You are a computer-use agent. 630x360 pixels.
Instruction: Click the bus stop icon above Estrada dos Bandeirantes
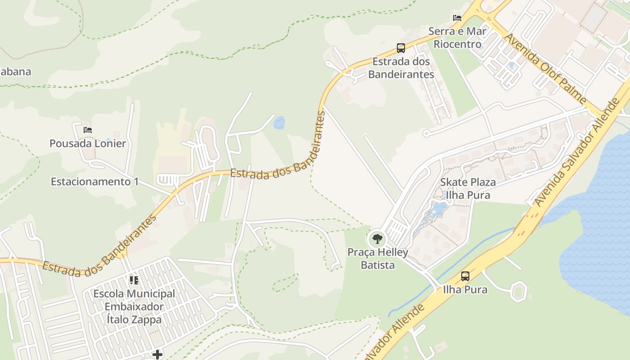400,48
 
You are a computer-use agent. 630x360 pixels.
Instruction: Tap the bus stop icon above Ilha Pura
465,276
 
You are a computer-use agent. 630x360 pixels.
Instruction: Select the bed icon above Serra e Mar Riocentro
457,18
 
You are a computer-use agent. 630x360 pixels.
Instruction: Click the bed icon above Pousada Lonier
88,130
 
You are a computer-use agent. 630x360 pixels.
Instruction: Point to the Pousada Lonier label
88,144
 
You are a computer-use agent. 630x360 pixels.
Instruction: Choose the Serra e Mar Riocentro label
457,38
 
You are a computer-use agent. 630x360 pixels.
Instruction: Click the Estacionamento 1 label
94,182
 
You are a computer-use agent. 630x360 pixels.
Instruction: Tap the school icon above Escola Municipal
134,280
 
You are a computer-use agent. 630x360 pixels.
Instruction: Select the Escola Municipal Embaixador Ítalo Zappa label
134,307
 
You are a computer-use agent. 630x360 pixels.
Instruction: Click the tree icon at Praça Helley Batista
377,238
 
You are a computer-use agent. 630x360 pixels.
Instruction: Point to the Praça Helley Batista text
378,259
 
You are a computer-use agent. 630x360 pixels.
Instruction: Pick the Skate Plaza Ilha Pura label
468,189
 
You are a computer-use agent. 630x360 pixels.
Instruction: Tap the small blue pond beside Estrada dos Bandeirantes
279,122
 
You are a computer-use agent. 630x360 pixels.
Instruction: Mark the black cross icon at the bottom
157,355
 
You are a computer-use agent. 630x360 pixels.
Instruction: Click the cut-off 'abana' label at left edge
15,72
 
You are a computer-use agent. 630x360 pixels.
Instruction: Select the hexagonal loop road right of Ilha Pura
519,291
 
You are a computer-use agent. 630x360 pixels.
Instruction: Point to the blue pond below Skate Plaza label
438,210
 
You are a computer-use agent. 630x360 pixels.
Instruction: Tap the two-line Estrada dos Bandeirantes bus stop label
401,68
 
